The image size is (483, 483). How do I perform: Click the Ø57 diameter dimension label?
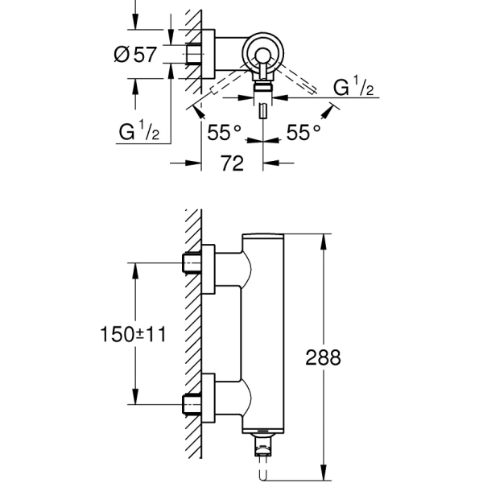pyautogui.click(x=135, y=55)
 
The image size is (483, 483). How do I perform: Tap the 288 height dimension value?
pyautogui.click(x=347, y=356)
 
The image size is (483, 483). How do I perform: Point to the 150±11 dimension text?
pyautogui.click(x=134, y=333)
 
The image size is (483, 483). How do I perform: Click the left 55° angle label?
pyautogui.click(x=224, y=133)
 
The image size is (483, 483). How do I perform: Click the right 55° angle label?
pyautogui.click(x=304, y=133)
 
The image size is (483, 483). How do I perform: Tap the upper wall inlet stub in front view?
pyautogui.click(x=192, y=262)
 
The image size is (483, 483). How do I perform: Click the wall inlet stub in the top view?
pyautogui.click(x=192, y=54)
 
